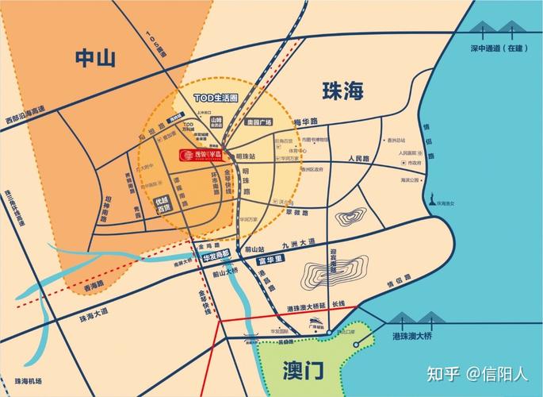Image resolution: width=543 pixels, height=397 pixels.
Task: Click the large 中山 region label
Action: coord(95,58)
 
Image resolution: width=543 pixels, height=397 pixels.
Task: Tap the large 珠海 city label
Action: coord(342,91)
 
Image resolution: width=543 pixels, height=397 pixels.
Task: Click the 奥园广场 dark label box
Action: coord(258,122)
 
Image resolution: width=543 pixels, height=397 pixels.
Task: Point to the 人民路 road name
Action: coord(359,159)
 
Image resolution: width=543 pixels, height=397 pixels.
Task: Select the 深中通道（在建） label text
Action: coord(499,48)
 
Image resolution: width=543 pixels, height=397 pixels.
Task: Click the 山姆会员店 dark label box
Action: coord(216,122)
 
